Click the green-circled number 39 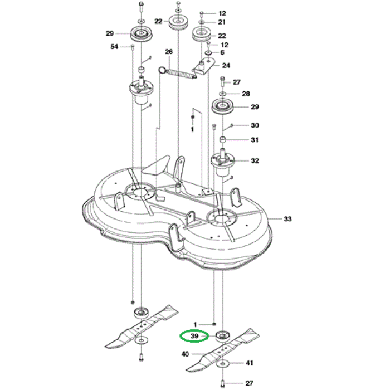pos(194,337)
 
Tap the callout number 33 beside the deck pos(287,219)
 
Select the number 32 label pos(255,161)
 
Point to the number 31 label pos(255,140)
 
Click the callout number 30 pos(255,125)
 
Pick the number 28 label pos(246,94)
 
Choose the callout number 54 pos(114,47)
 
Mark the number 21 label pos(222,22)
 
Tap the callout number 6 pos(222,52)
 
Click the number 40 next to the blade pos(185,354)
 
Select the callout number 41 pos(249,364)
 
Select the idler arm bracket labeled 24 pos(204,67)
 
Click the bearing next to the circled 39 pos(222,337)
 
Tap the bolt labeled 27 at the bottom pos(223,382)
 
